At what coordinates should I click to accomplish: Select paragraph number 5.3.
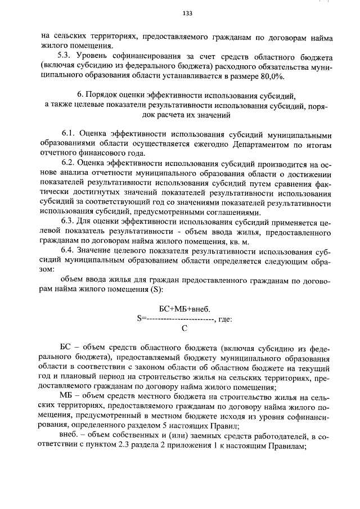(66, 56)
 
